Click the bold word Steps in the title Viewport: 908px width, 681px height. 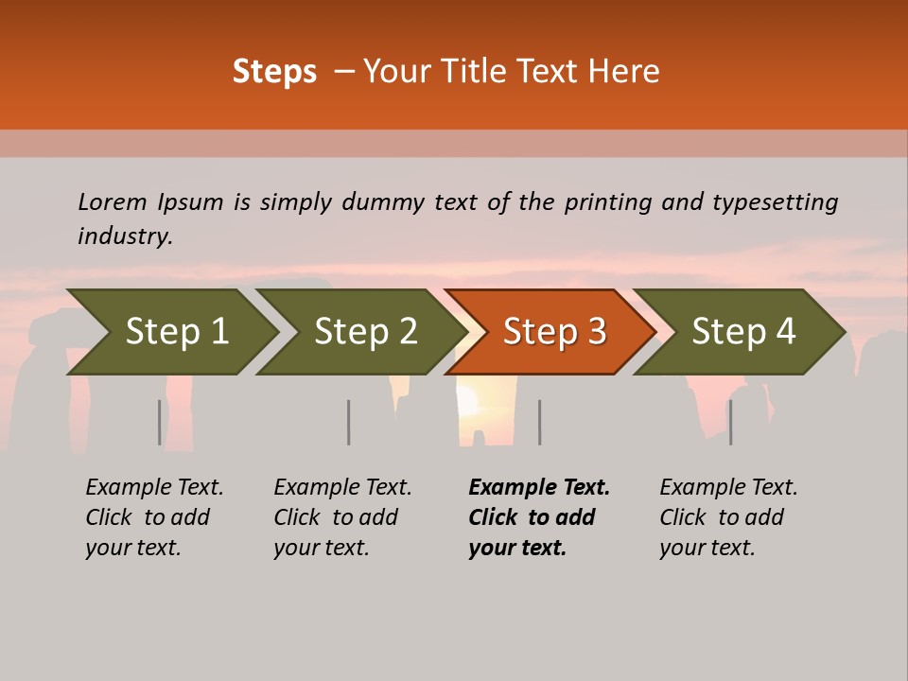point(274,72)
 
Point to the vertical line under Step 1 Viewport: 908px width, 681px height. point(159,422)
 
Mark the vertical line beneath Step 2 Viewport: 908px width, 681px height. point(348,422)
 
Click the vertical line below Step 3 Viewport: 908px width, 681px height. point(539,422)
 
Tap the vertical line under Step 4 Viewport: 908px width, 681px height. point(730,422)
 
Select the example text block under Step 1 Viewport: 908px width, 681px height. point(154,517)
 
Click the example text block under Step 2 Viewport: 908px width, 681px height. point(342,517)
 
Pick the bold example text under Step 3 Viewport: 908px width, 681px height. point(538,517)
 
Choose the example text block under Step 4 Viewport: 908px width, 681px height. point(728,517)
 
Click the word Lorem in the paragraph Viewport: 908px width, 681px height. point(112,202)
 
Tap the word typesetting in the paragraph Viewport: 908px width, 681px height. point(775,202)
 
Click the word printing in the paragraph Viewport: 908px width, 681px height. point(608,202)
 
